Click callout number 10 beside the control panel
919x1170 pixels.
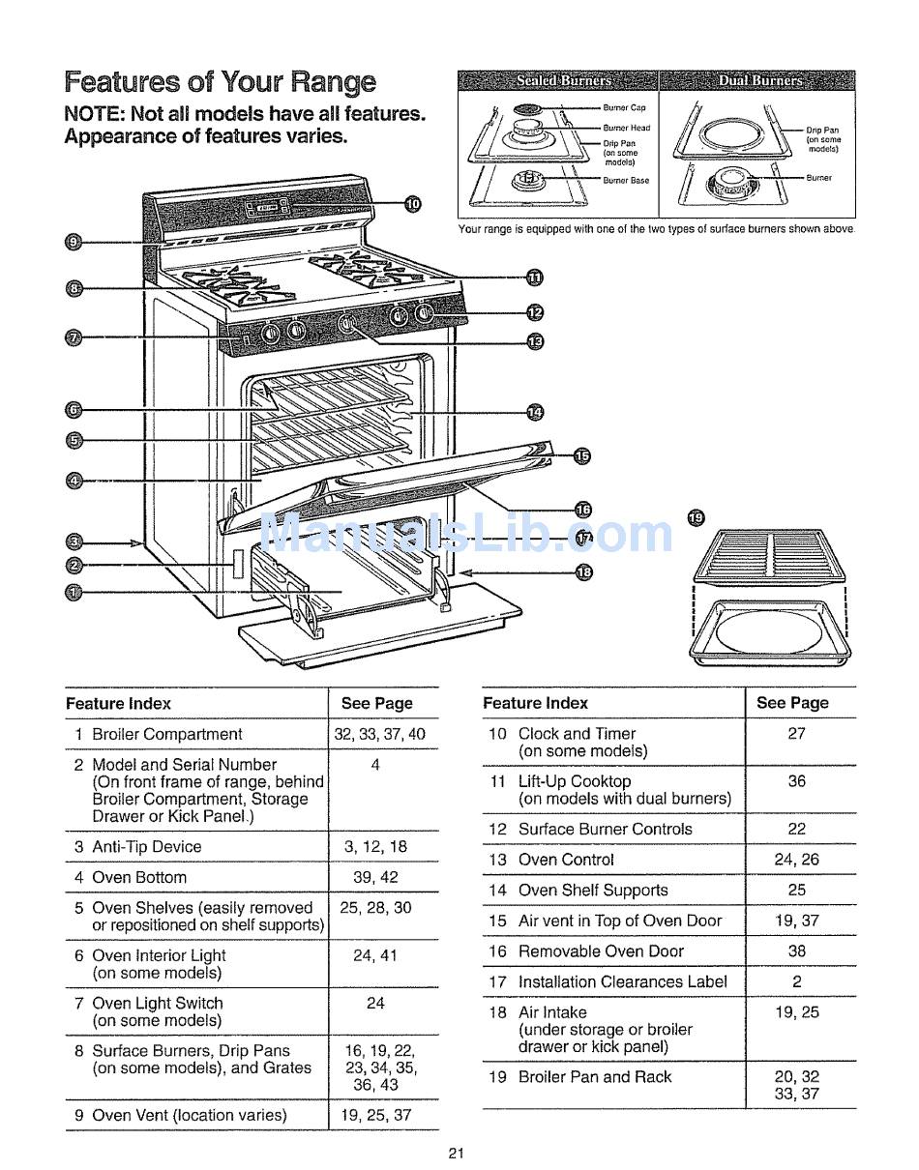point(413,204)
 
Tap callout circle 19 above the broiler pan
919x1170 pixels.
point(696,518)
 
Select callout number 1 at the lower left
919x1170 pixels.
point(74,593)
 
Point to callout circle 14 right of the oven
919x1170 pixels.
point(535,413)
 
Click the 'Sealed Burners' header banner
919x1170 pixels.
point(557,80)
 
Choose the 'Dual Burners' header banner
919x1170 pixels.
point(757,80)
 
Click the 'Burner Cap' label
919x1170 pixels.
point(624,107)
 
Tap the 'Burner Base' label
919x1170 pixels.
point(626,181)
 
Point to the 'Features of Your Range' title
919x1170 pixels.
point(221,82)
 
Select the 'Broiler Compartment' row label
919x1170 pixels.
point(167,734)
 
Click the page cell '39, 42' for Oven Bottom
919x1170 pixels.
point(375,877)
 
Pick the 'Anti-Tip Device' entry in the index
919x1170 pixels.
point(146,846)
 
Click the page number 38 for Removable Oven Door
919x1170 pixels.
point(797,951)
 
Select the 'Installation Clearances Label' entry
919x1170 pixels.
point(623,981)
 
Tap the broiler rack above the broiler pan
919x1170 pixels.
point(769,556)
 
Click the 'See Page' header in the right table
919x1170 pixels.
point(792,703)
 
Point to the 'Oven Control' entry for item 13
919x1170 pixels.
point(566,860)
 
